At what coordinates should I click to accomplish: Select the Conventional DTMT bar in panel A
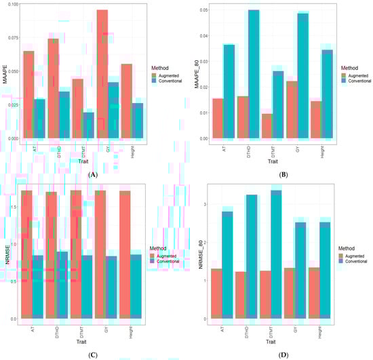point(88,125)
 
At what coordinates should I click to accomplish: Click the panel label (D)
point(280,353)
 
